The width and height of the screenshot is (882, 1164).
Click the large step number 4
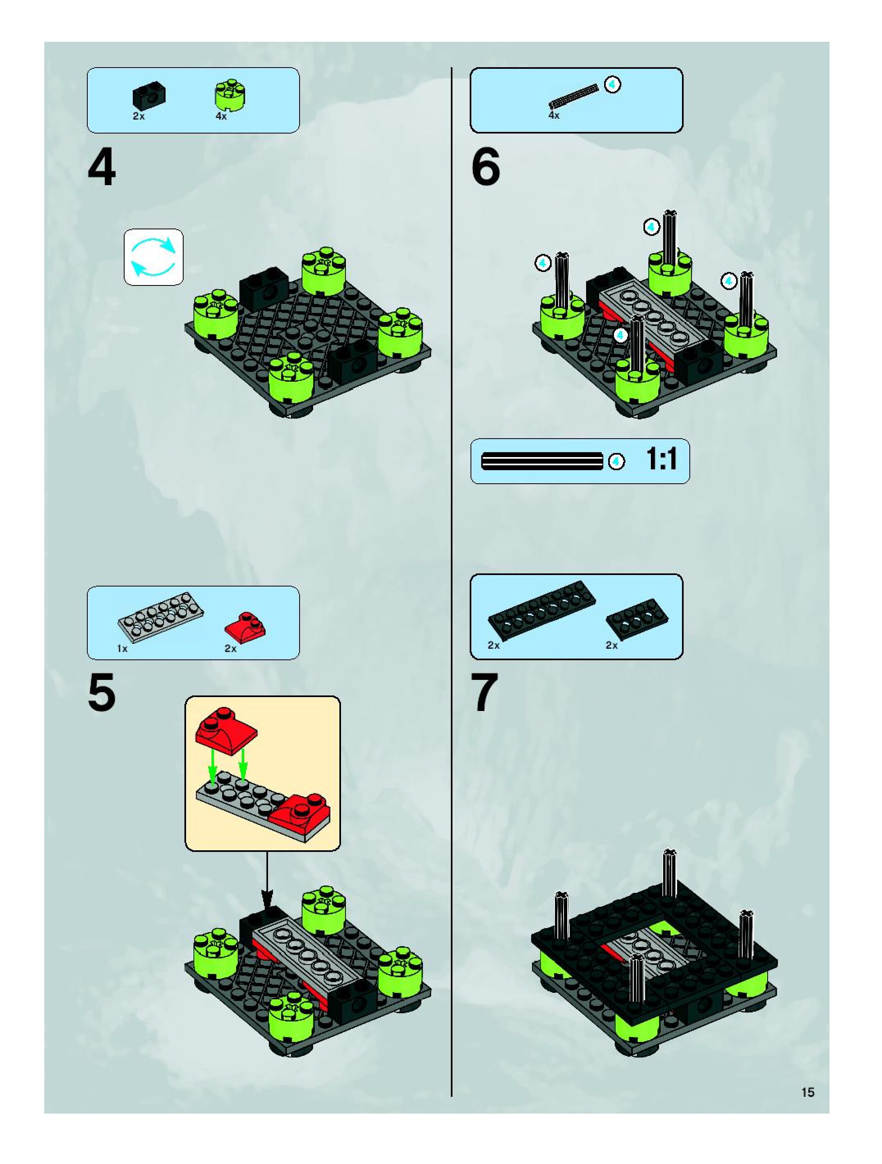pos(102,168)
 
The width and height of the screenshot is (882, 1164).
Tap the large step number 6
pos(486,168)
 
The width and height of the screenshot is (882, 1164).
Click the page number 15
pos(808,1092)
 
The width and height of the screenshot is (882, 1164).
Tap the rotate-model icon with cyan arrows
pos(153,257)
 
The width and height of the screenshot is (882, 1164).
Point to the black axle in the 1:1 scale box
pos(542,460)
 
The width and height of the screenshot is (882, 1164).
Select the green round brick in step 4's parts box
pos(231,95)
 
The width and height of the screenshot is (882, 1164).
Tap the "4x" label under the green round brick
pos(221,116)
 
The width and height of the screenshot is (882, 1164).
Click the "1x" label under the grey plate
pos(122,649)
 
